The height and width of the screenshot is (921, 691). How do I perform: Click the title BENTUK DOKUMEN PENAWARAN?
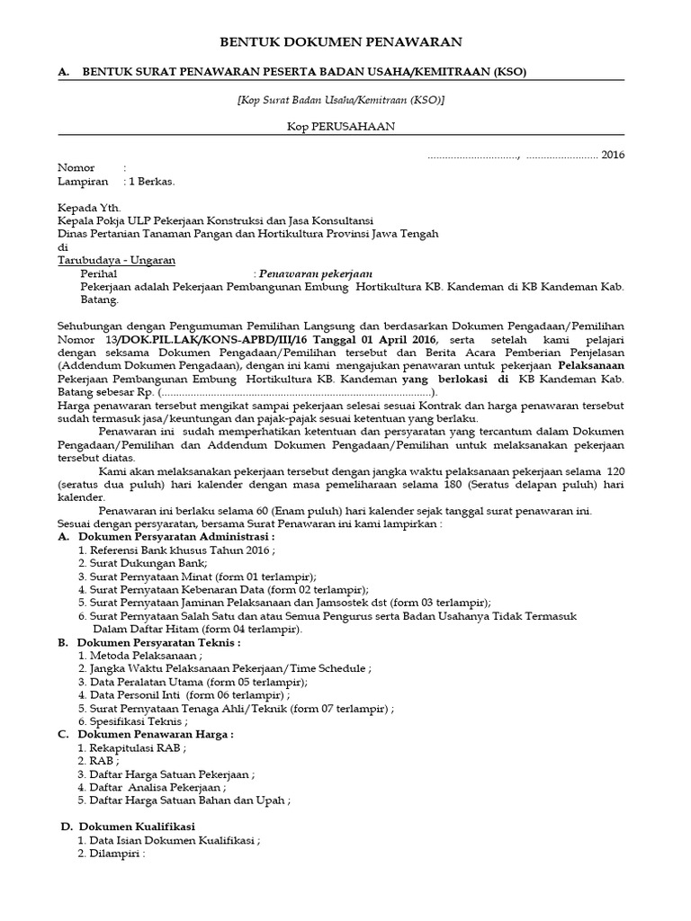[x=342, y=41]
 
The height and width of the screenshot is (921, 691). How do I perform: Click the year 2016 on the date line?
[x=613, y=155]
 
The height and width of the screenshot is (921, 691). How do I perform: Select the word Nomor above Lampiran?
[x=76, y=168]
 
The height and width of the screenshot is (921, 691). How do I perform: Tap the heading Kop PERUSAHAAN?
[x=342, y=127]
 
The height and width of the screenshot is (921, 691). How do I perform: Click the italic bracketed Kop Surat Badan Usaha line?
[x=342, y=100]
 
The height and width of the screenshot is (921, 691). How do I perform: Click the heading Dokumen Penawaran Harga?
[x=156, y=735]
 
